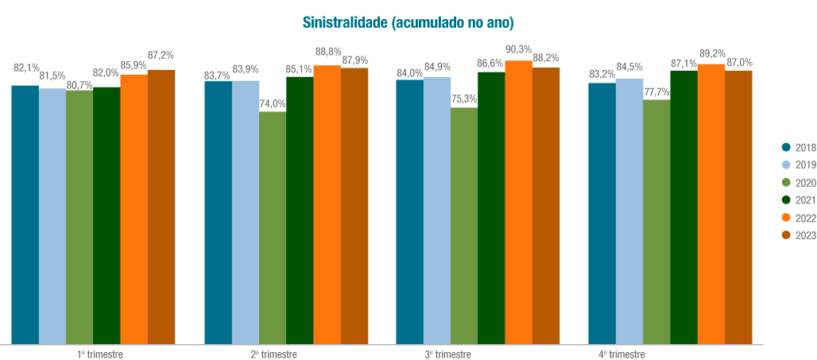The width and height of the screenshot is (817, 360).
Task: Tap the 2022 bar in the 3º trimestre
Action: click(x=518, y=202)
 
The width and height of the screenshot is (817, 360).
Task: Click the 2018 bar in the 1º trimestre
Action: click(x=25, y=214)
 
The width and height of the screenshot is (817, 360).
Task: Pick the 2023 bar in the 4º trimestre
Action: click(x=738, y=207)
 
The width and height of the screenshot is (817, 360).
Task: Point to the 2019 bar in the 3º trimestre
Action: click(x=437, y=210)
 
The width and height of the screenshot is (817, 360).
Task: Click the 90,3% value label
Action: click(x=518, y=50)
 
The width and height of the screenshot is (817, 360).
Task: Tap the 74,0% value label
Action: click(x=273, y=103)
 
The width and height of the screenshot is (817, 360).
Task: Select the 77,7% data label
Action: click(x=656, y=92)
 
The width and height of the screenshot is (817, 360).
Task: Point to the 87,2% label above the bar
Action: click(x=161, y=55)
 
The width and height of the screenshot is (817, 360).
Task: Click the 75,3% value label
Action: click(x=464, y=99)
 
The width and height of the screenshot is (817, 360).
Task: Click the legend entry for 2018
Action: click(x=799, y=147)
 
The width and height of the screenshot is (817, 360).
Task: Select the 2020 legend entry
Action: click(x=799, y=182)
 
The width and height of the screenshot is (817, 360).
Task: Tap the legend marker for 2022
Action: click(x=787, y=217)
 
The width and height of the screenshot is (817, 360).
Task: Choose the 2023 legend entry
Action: click(x=799, y=234)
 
